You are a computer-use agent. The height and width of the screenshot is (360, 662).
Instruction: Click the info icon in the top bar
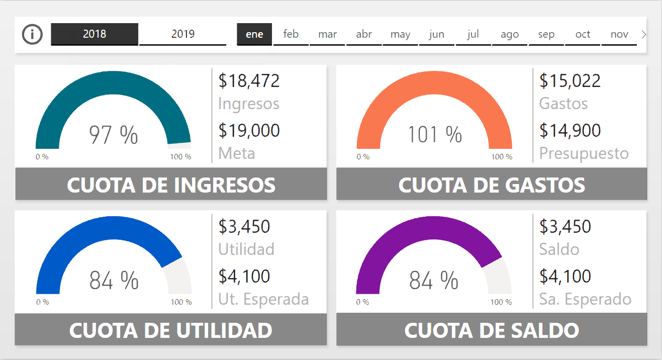(33, 34)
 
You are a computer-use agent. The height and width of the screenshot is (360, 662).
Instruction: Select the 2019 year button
(182, 34)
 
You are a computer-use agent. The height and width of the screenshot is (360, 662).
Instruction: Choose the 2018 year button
(94, 34)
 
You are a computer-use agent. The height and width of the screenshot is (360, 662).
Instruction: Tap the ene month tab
(254, 34)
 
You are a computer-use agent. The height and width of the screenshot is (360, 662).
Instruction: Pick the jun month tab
(436, 34)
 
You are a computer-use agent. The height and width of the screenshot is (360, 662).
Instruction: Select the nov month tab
(619, 34)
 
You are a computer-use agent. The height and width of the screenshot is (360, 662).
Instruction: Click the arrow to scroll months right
(644, 34)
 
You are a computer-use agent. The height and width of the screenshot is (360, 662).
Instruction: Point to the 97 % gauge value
(114, 135)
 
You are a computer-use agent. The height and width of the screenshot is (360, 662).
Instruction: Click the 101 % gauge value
(434, 134)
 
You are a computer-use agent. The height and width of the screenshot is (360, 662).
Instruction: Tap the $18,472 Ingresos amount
(249, 80)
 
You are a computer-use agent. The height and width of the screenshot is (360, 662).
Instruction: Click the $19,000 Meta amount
(249, 130)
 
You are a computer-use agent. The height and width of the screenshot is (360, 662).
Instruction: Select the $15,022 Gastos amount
(570, 80)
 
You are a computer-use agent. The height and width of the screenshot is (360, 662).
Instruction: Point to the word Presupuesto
(584, 153)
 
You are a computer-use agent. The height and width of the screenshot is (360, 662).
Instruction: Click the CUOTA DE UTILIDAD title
(171, 330)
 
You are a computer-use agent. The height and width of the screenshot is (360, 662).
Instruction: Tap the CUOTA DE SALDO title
(492, 330)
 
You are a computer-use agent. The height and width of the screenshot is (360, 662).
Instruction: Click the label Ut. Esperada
(263, 299)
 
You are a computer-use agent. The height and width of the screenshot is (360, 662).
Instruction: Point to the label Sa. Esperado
(585, 299)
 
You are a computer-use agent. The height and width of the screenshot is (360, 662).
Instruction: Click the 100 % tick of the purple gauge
(501, 302)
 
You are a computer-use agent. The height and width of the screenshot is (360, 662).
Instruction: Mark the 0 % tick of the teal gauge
(42, 157)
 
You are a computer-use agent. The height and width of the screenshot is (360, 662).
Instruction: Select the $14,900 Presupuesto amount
(570, 130)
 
